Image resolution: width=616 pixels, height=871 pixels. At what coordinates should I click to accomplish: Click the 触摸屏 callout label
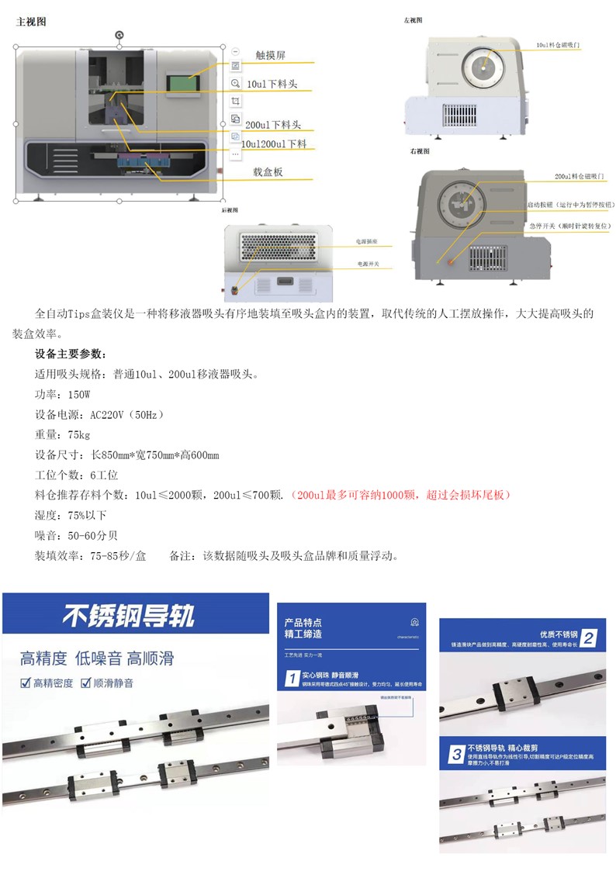click(270, 55)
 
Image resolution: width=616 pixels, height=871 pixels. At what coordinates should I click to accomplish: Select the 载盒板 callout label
click(268, 172)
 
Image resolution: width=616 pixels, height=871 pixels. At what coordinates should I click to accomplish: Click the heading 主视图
click(31, 22)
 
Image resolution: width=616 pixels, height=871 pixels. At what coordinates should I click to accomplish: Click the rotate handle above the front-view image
click(119, 34)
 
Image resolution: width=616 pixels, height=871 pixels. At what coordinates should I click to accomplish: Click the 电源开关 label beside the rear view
click(369, 264)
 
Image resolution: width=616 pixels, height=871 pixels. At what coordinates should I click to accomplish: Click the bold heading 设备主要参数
click(71, 354)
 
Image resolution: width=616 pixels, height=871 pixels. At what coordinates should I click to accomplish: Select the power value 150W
click(78, 394)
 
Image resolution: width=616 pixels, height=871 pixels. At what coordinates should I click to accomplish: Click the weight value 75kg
click(78, 434)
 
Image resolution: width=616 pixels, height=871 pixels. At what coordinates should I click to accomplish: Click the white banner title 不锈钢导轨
click(129, 616)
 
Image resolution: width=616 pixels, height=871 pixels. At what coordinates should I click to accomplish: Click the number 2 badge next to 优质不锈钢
click(589, 639)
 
